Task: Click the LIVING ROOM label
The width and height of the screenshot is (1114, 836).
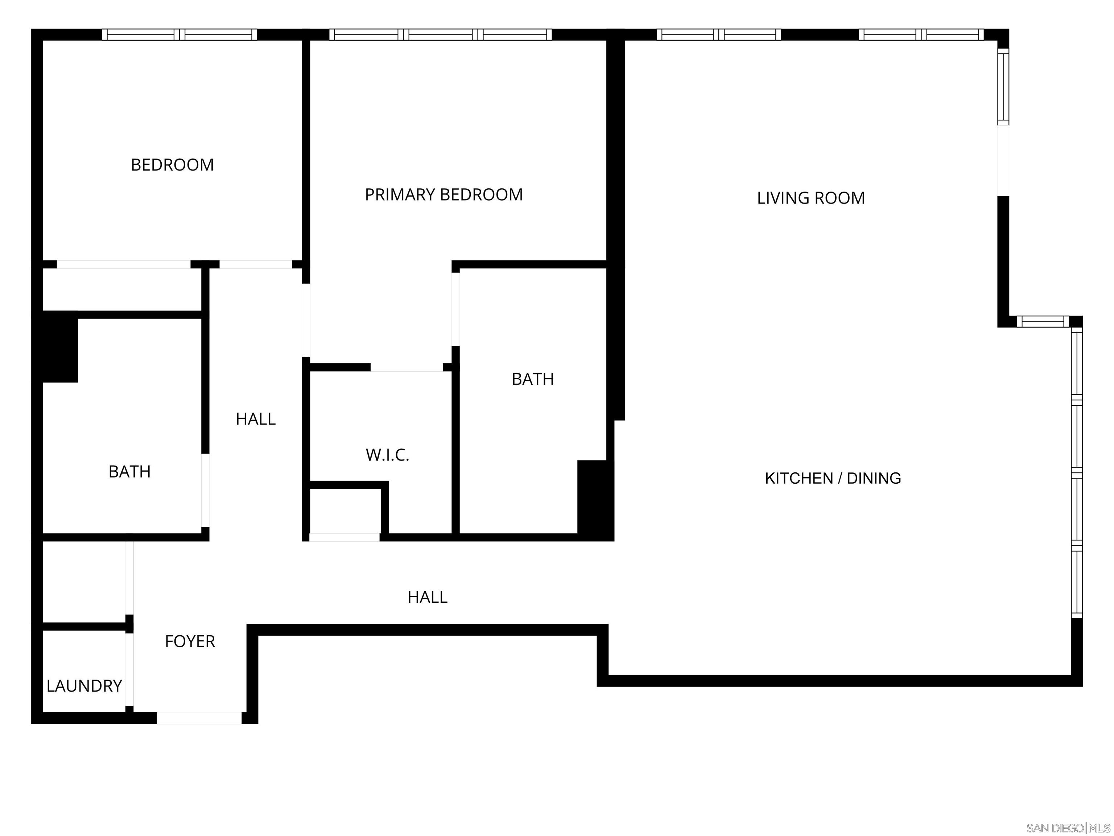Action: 811,198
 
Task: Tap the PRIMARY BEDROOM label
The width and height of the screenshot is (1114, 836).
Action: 444,194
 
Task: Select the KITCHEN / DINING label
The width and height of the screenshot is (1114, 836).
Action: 833,478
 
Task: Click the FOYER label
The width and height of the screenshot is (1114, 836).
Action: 190,641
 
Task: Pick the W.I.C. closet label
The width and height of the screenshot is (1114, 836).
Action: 387,455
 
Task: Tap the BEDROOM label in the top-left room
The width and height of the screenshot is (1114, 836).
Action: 172,165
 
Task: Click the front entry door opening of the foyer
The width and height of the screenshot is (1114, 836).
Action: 199,718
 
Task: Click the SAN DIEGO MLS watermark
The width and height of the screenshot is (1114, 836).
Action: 1068,828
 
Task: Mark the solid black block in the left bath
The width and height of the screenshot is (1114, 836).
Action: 58,347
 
